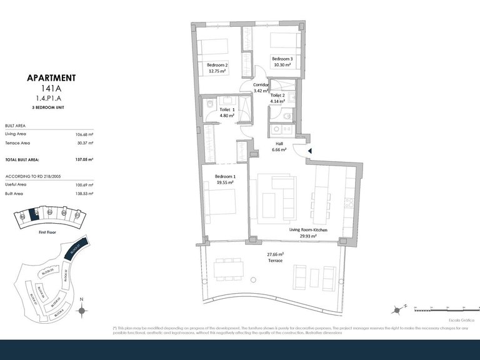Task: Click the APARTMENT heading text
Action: point(51,78)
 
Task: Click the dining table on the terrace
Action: point(229,269)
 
